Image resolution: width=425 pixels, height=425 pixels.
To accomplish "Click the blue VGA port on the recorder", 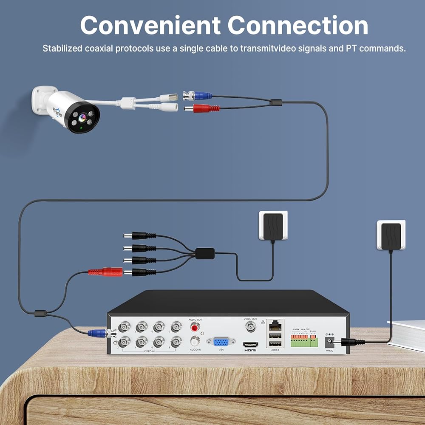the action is (221, 342).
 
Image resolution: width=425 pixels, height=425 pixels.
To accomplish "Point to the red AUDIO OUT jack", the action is (195, 327).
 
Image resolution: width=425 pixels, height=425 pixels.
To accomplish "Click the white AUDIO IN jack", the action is (195, 341).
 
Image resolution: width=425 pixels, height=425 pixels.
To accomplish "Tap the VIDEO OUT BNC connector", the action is (250, 326).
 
